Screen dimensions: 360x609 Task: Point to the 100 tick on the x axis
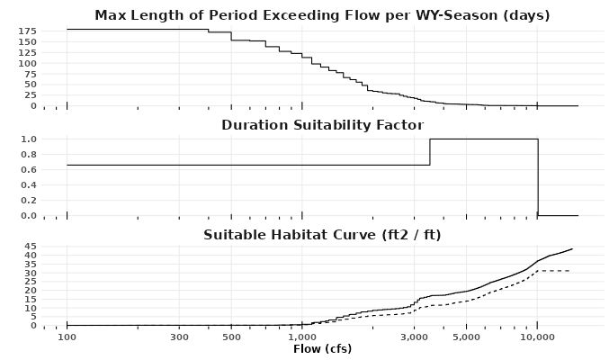click(x=67, y=337)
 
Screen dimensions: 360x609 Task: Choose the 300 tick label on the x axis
click(x=179, y=337)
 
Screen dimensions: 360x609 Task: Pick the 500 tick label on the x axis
click(x=231, y=337)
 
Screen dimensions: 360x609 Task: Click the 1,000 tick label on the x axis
click(x=302, y=337)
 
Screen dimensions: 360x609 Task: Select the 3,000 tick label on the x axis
click(x=414, y=337)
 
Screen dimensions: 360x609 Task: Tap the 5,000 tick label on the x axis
click(x=466, y=337)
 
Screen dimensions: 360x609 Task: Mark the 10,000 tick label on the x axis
click(x=537, y=337)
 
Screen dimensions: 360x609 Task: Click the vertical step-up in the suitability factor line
click(x=430, y=151)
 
